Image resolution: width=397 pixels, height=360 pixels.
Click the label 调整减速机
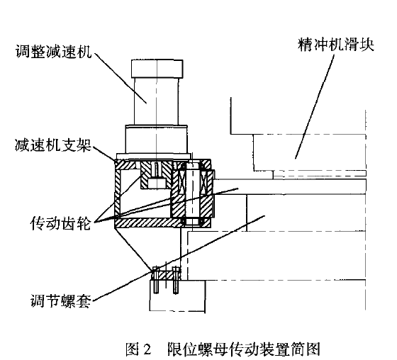click(53, 52)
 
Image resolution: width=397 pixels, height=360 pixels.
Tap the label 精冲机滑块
click(336, 45)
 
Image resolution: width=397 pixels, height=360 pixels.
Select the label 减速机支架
click(53, 145)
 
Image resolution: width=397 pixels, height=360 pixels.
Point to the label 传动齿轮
click(60, 223)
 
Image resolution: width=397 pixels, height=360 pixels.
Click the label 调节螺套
click(60, 300)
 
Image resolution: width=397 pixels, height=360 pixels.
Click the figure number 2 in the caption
click(147, 349)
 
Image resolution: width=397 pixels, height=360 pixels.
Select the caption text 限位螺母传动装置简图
click(244, 349)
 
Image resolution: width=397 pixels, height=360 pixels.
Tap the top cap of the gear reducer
click(157, 69)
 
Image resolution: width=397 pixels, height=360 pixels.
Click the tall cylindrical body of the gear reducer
click(157, 101)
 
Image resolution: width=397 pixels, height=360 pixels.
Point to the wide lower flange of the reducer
click(157, 139)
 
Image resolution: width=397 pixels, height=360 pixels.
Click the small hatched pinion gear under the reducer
click(156, 175)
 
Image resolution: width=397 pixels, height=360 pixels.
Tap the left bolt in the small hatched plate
click(156, 280)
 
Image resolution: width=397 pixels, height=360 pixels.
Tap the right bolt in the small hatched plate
click(176, 280)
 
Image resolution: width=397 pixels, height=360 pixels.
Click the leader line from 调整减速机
click(121, 78)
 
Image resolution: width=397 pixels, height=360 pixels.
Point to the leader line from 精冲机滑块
click(314, 106)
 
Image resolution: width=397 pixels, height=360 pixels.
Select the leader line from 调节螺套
click(179, 259)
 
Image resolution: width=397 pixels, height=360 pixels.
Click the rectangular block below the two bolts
click(177, 296)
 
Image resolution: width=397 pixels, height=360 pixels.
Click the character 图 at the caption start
click(133, 349)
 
